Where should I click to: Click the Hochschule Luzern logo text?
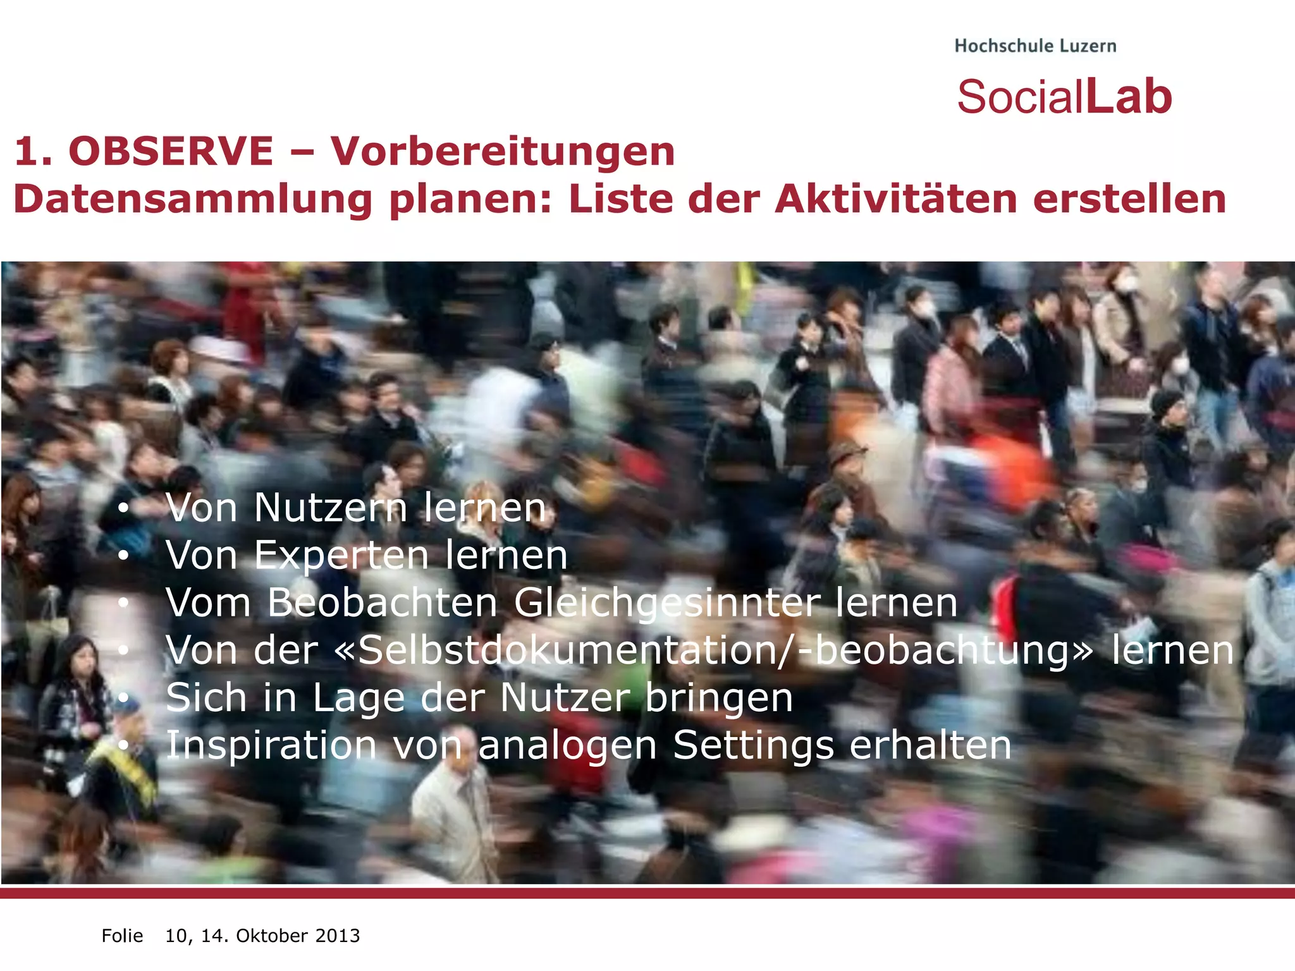click(x=1035, y=46)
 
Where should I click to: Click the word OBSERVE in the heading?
click(x=171, y=152)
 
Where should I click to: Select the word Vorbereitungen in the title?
click(x=503, y=152)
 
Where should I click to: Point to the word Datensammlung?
click(x=193, y=200)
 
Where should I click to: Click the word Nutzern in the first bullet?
click(x=331, y=508)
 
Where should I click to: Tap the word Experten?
click(x=341, y=555)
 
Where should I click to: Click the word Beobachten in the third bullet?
click(x=383, y=602)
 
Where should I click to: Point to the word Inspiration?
click(x=271, y=745)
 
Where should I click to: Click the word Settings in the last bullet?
click(x=753, y=745)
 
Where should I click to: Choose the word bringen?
click(x=719, y=698)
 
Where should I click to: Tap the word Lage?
click(x=359, y=698)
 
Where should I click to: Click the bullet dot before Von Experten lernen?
click(x=123, y=556)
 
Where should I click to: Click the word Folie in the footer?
click(x=122, y=936)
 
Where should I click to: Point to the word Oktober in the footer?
click(x=271, y=936)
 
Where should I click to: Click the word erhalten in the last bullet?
click(x=930, y=745)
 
